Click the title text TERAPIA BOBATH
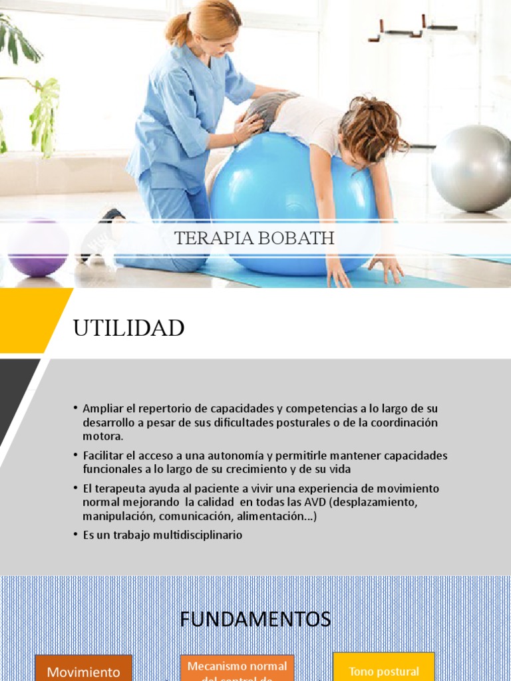tap(255, 239)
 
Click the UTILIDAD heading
tap(128, 328)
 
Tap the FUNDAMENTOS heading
tap(255, 620)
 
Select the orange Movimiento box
tap(83, 669)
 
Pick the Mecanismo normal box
tap(237, 668)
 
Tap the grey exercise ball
tap(471, 168)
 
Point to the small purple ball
tap(39, 248)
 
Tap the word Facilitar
tap(104, 456)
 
